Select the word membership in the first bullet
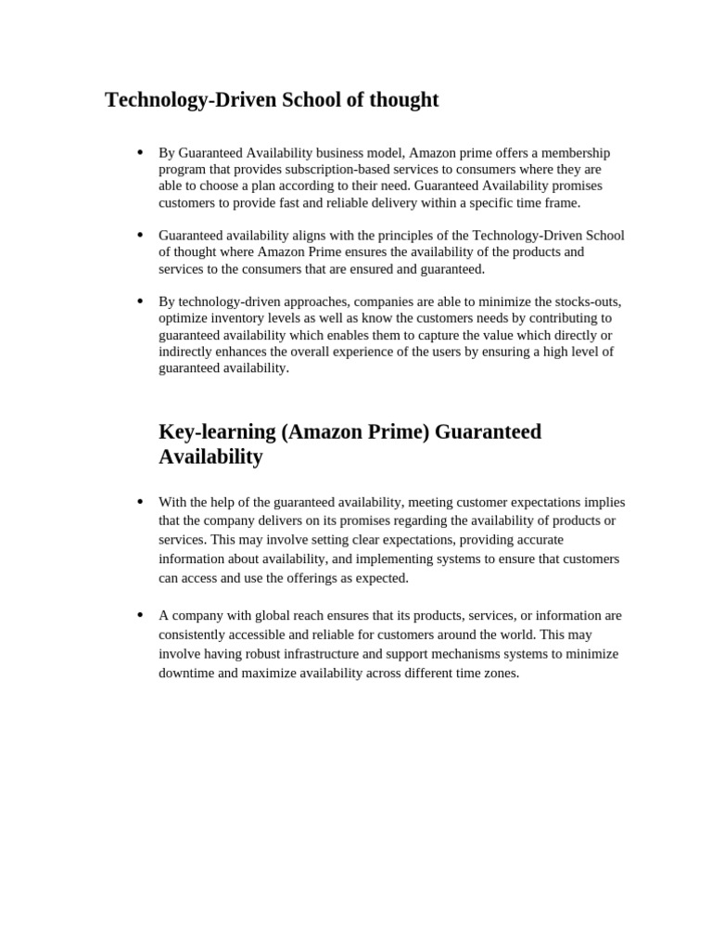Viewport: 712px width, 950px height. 574,153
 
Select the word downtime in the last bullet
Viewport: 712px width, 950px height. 186,674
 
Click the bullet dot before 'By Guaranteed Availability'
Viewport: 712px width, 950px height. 140,152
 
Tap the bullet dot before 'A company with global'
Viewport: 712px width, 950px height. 140,614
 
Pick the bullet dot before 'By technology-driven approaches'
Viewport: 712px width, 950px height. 140,301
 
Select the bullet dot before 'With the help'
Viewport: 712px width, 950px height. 140,501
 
